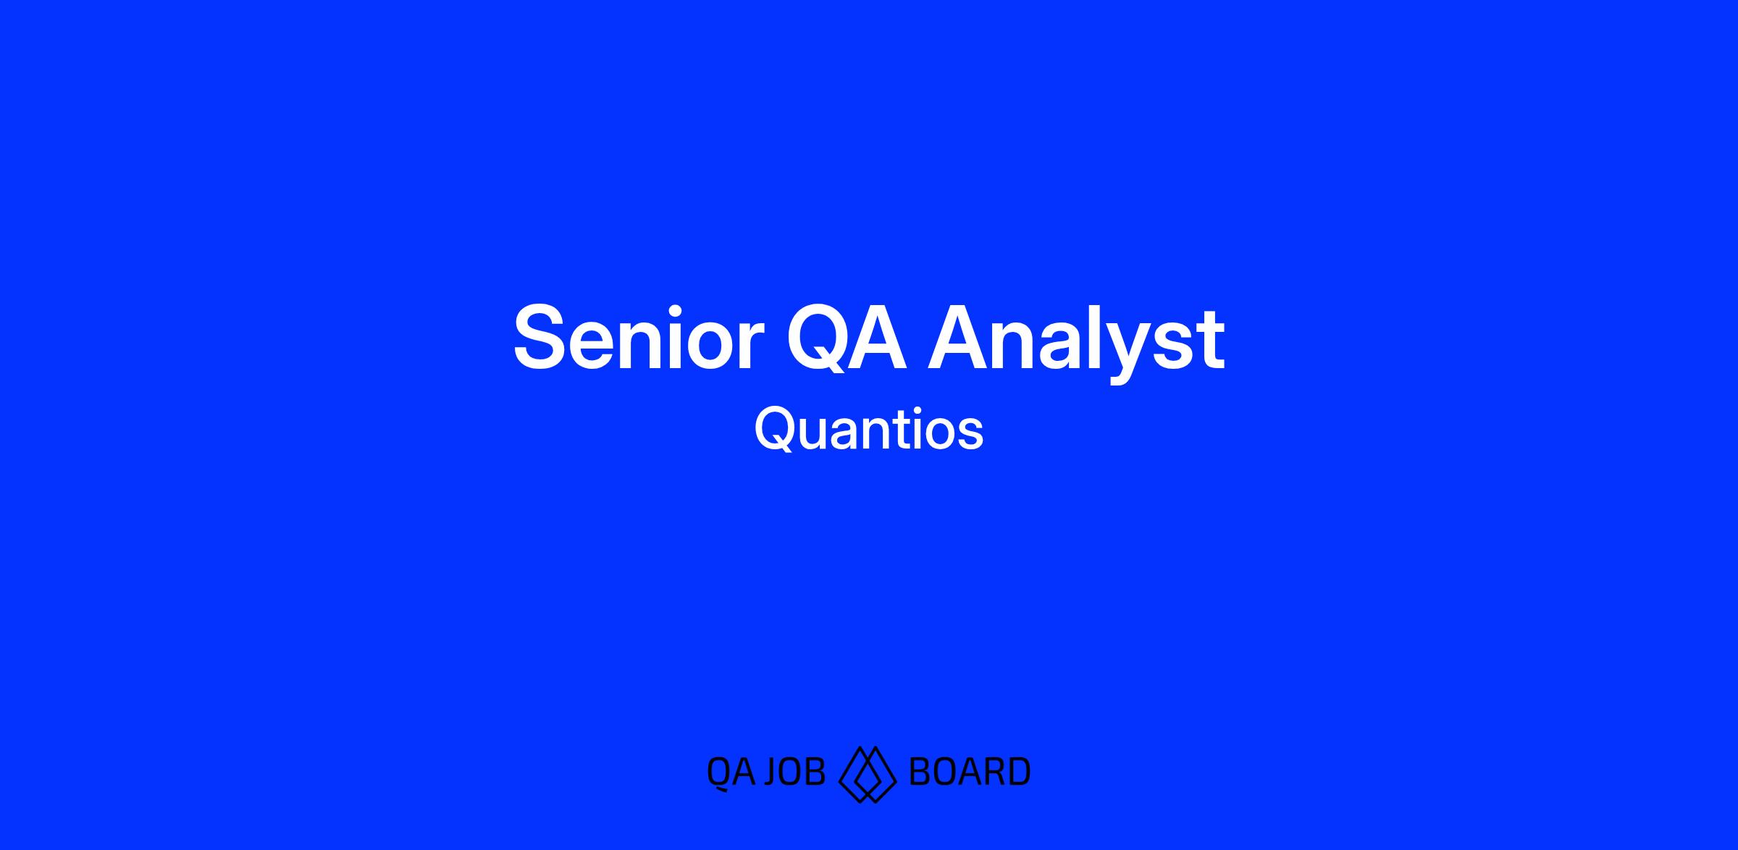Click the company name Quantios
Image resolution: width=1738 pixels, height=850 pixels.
(869, 429)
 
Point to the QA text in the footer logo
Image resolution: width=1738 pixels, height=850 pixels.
(731, 772)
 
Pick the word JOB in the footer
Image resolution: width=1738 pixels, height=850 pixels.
(796, 772)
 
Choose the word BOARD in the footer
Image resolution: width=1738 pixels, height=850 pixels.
(969, 772)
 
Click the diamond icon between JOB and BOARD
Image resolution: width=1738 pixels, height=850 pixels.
(868, 774)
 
